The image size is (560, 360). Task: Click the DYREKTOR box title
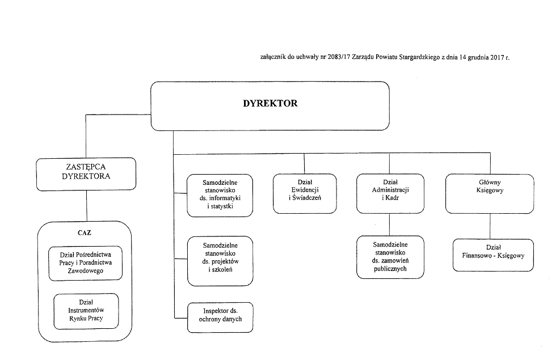point(270,103)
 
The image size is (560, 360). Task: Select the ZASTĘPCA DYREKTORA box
point(86,174)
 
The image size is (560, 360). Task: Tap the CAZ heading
point(85,232)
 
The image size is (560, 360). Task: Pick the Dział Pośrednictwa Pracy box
point(85,263)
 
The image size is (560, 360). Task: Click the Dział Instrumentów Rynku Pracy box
point(86,311)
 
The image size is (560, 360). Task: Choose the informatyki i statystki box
point(220,196)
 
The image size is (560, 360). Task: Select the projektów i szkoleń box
point(220,261)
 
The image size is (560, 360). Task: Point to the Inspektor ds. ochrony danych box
point(220,317)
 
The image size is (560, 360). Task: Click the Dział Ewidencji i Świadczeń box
point(305,194)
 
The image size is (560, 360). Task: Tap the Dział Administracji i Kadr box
point(390,194)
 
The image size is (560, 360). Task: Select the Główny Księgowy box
point(490,194)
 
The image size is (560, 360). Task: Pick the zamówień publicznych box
point(390,257)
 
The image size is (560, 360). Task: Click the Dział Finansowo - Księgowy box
point(493,255)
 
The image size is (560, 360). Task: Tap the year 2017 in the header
point(497,57)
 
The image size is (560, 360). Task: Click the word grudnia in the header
point(478,57)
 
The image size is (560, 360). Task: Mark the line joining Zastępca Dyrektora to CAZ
point(86,206)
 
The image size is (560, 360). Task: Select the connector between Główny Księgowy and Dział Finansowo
point(490,226)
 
